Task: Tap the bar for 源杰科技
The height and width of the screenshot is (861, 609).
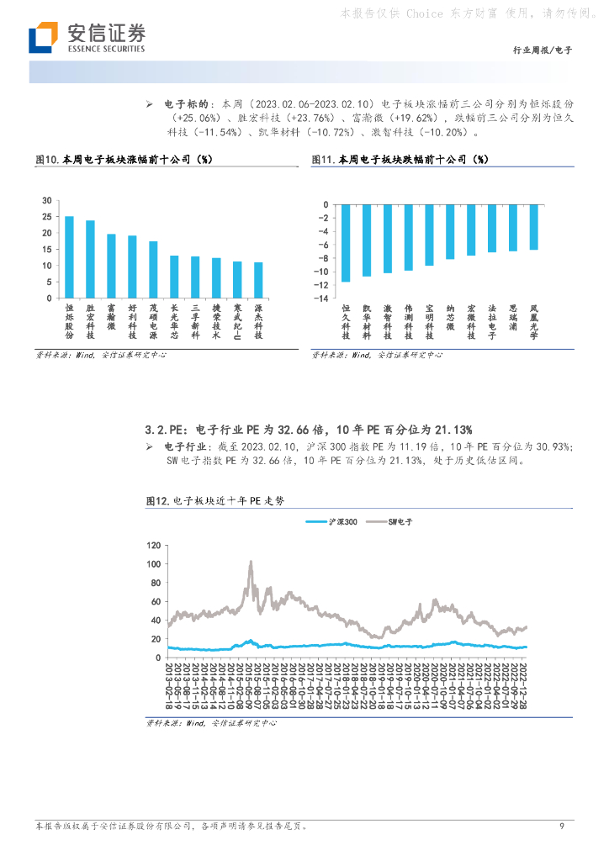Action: pos(258,280)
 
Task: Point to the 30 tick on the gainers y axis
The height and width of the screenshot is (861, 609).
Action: pos(47,200)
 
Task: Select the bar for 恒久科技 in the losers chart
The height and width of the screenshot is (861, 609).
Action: pos(346,243)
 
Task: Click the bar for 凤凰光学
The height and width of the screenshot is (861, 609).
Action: pos(533,227)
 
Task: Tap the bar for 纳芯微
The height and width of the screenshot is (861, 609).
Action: pos(450,231)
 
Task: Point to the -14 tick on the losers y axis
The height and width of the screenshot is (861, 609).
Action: pos(320,298)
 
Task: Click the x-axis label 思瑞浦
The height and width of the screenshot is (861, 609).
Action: pos(512,320)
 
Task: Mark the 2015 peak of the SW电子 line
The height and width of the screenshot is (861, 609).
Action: pos(250,563)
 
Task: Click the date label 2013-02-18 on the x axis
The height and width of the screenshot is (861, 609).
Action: pos(170,685)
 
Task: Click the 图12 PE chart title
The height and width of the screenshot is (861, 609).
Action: pos(215,500)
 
